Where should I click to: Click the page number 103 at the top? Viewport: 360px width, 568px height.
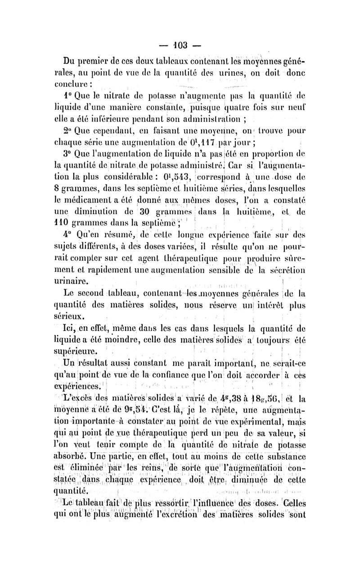click(180, 45)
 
